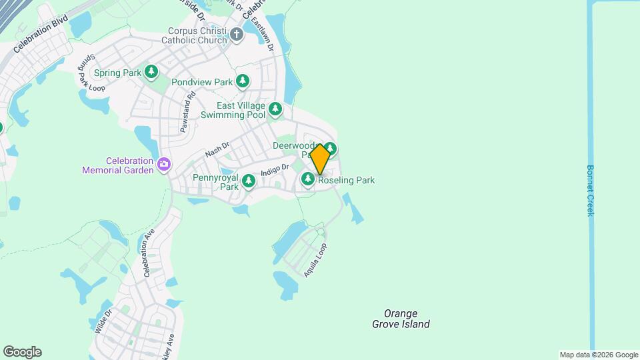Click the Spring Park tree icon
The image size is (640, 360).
pyautogui.click(x=152, y=72)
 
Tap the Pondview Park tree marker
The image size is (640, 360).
pyautogui.click(x=243, y=81)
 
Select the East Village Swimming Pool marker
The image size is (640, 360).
pyautogui.click(x=275, y=109)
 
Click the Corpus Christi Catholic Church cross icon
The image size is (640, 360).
pyautogui.click(x=237, y=35)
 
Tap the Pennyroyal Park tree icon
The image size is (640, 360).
pyautogui.click(x=249, y=181)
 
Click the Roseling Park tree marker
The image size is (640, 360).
pyautogui.click(x=308, y=179)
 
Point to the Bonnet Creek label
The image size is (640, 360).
pyautogui.click(x=590, y=190)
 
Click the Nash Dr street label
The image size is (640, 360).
pyautogui.click(x=217, y=149)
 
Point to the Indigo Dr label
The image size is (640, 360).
pyautogui.click(x=274, y=170)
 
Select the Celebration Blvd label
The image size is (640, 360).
pyautogui.click(x=41, y=41)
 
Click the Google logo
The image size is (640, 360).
pyautogui.click(x=22, y=352)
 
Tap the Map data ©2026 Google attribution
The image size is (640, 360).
pyautogui.click(x=599, y=355)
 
